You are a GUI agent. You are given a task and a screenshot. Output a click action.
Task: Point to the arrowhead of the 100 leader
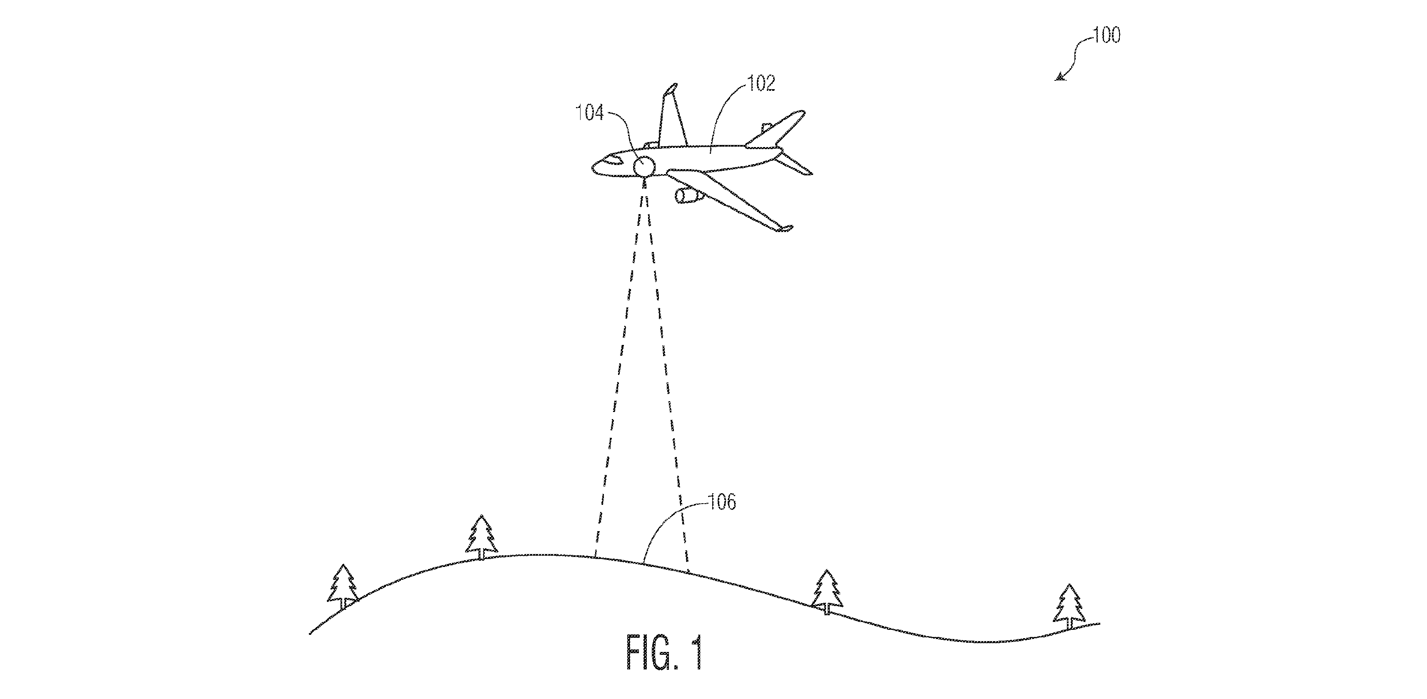1058,78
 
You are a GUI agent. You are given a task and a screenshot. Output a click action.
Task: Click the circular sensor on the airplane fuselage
644,166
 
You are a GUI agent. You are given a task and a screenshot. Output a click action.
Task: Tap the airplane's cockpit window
613,161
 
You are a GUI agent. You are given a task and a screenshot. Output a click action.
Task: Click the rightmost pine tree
1069,607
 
